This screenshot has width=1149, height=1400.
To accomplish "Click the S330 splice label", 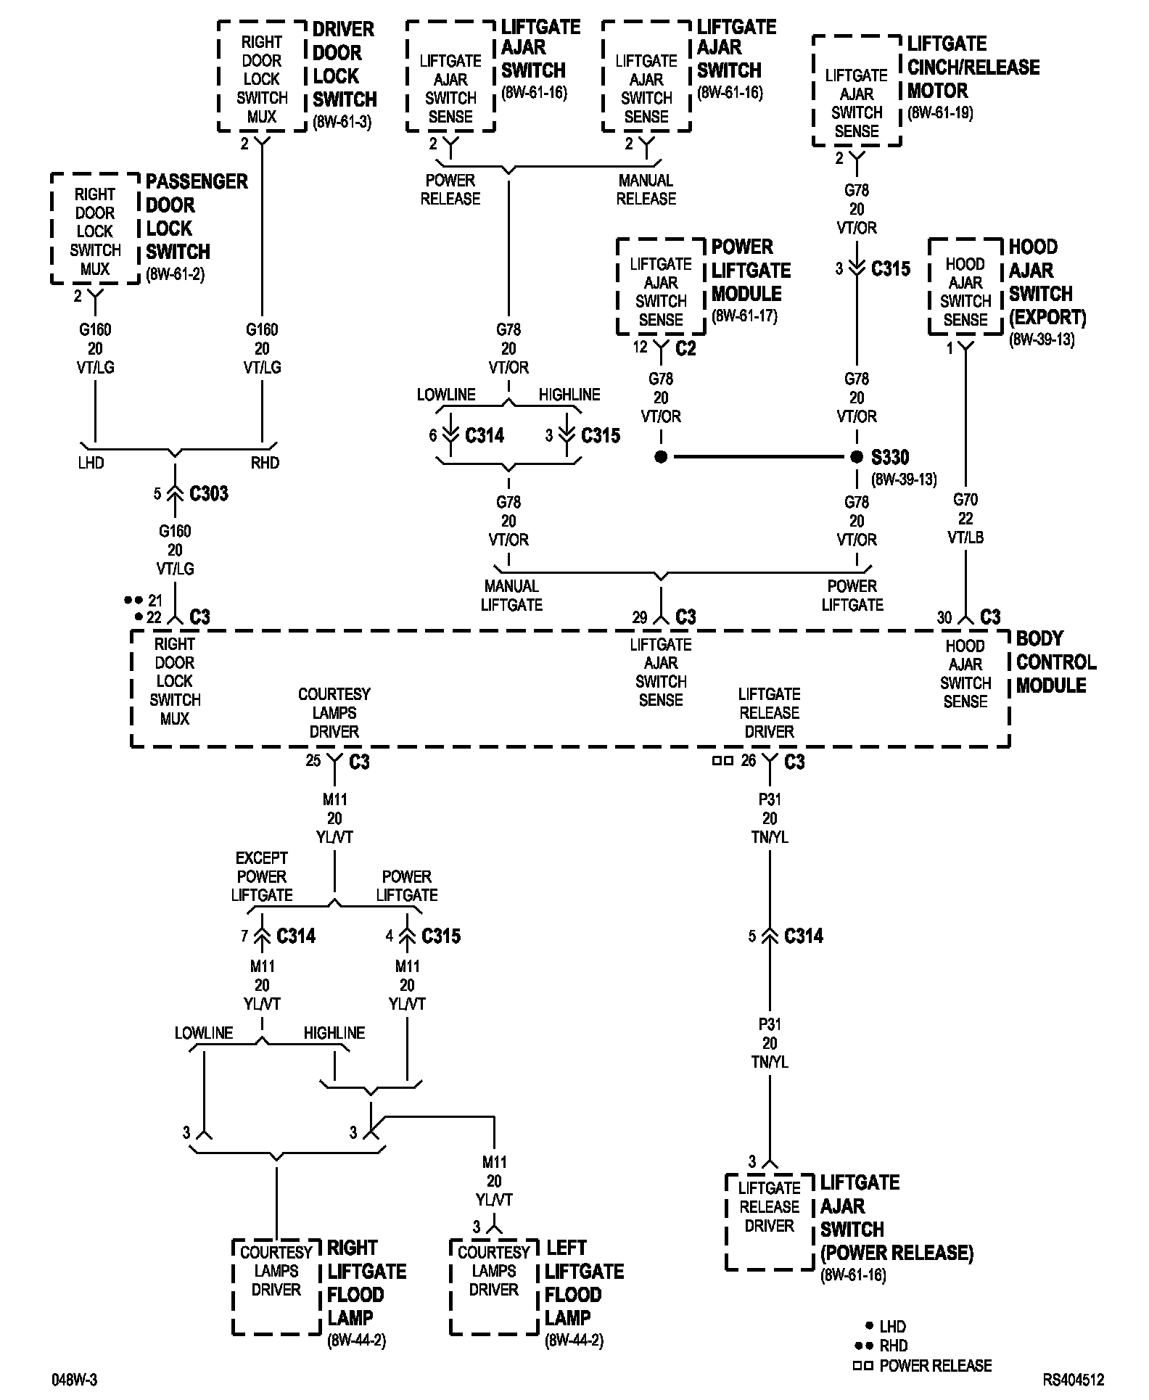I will coord(889,458).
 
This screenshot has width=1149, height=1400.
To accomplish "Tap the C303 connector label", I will coord(209,494).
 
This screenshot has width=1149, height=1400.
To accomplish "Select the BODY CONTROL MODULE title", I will coord(1055,662).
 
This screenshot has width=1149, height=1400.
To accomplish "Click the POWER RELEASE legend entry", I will coord(935,1366).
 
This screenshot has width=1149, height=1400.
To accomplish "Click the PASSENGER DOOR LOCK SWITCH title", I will coord(196,217).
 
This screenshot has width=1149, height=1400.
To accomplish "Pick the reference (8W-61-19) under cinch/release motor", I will coord(940,113).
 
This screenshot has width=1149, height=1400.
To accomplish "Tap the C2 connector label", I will coord(685,349).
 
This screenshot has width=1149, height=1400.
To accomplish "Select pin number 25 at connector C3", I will coord(313,761).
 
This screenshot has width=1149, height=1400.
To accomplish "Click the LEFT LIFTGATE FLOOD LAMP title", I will coord(584,1283).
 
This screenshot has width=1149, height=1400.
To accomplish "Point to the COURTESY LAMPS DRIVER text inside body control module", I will coord(334,713).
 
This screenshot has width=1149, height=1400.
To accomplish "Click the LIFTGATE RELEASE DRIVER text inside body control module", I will coord(769,713).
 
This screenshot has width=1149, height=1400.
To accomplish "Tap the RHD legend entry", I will coord(893,1346).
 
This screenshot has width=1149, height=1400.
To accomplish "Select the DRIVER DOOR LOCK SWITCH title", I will coord(344,65).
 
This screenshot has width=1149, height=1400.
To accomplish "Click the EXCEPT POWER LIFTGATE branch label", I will coord(262,876).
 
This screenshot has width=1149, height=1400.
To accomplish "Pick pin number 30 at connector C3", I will coord(944,617).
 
